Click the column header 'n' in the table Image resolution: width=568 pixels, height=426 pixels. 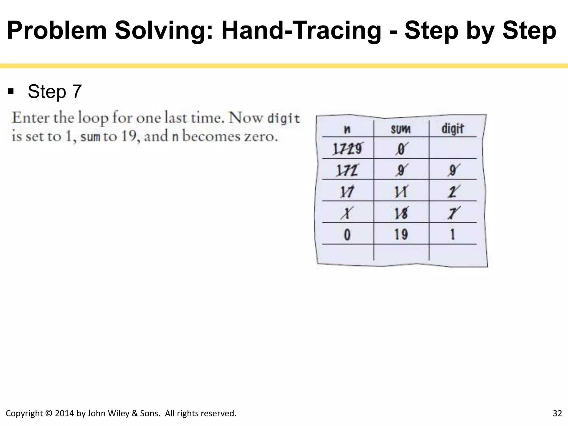coord(347,129)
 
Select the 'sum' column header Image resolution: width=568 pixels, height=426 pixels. coord(400,129)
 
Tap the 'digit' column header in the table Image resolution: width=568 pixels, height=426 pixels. coord(453,129)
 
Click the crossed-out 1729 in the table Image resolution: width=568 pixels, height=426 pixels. coord(347,149)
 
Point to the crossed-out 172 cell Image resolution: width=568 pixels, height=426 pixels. coord(347,170)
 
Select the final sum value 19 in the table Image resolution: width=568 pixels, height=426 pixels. coord(401,234)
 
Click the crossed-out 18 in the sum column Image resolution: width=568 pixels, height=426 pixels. coord(401,213)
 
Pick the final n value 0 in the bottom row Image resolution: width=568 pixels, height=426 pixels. coord(347,235)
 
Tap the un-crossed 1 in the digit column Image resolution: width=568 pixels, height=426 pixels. coord(453,234)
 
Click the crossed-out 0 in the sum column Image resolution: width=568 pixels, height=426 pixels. coord(401,149)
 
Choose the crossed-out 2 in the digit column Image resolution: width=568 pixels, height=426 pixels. coord(453,192)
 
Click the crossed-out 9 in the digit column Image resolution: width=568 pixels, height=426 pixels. coord(453,170)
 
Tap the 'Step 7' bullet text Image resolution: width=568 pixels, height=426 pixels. coord(55,92)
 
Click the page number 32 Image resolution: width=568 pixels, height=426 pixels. coord(557,413)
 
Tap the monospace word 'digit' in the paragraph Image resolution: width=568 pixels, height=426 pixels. coord(283,118)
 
